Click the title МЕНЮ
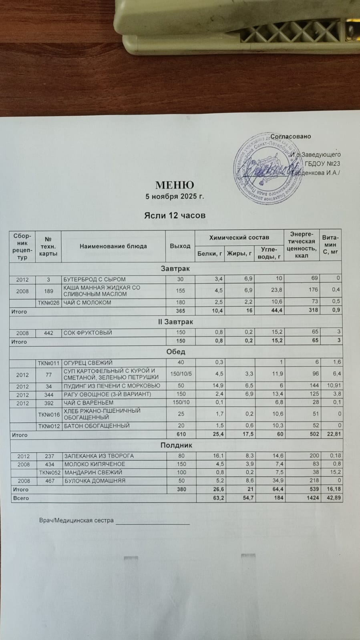(175, 185)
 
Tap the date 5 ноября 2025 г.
(175, 197)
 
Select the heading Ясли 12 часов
(175, 215)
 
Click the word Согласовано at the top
(291, 136)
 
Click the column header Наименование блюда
(113, 246)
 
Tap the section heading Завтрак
(175, 269)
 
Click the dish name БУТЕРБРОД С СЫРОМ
(95, 279)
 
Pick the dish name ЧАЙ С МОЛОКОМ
(87, 303)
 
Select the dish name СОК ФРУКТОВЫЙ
(88, 333)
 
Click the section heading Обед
(175, 352)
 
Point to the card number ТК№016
(48, 414)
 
